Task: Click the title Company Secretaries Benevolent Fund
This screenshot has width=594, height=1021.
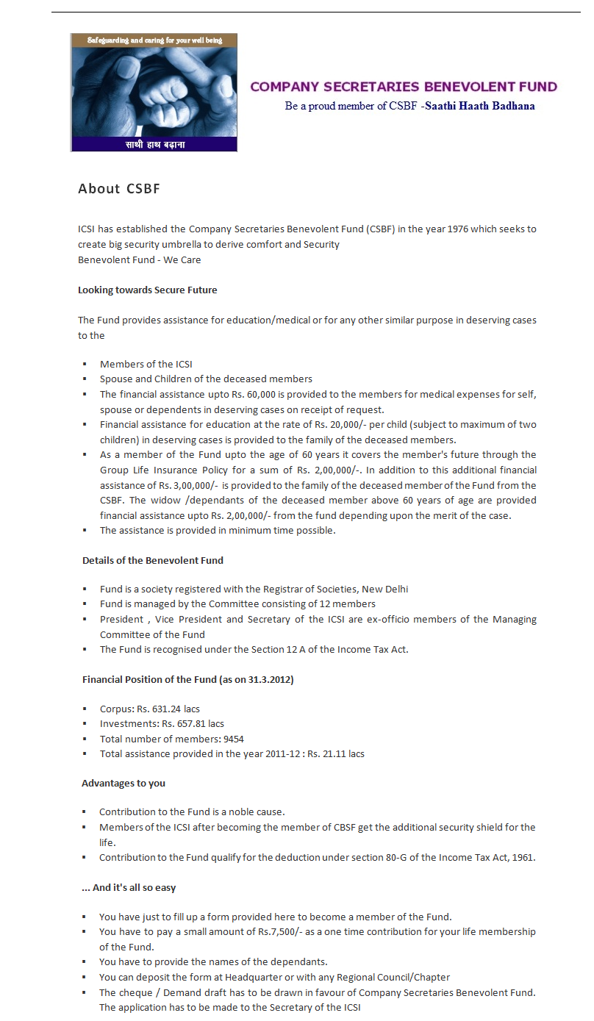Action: click(x=404, y=87)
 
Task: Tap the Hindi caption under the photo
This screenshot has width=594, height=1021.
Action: click(x=154, y=144)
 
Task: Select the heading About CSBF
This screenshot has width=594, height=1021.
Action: click(x=119, y=189)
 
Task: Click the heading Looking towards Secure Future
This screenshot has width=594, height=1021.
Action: click(x=148, y=290)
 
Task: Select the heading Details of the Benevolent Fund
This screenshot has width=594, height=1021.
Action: click(x=153, y=560)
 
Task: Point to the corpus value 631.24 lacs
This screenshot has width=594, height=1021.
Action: click(x=168, y=709)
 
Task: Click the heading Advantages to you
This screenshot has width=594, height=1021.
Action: click(x=124, y=784)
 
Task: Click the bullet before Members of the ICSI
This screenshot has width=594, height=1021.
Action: click(x=85, y=365)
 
